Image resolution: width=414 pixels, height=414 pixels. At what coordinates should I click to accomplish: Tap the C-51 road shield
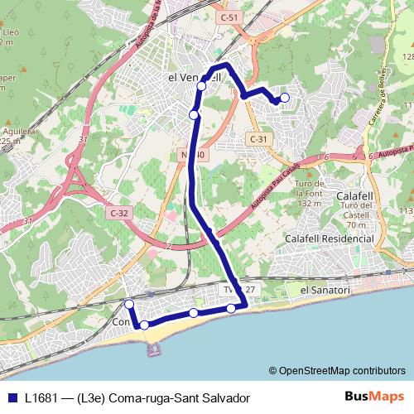click(229, 16)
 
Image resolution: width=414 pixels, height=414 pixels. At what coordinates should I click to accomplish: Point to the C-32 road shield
click(118, 213)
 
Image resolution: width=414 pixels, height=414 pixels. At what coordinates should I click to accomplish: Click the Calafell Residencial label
click(329, 238)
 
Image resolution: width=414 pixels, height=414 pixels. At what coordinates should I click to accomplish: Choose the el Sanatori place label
click(326, 291)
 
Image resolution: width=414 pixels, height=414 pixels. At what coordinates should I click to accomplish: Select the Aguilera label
click(16, 132)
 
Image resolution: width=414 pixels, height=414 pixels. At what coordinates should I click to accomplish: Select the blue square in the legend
click(12, 397)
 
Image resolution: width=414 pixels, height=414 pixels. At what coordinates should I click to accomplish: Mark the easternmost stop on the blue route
click(285, 99)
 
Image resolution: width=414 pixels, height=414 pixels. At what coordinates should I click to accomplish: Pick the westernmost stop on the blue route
click(129, 305)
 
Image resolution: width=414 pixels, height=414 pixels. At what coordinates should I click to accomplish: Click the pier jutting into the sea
click(153, 348)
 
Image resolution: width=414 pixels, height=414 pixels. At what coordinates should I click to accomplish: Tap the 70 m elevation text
click(357, 224)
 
